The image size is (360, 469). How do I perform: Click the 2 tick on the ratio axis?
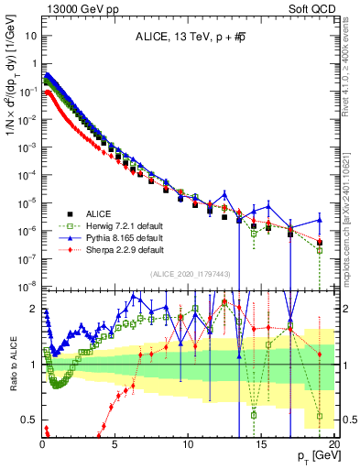click(x=33, y=309)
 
